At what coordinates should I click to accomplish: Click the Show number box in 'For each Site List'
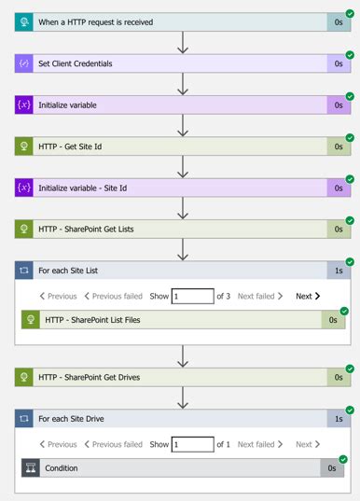click(192, 296)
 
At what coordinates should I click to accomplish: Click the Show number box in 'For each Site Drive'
click(192, 444)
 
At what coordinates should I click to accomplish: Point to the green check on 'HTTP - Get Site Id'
click(350, 138)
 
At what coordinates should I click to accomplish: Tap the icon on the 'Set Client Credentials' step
click(24, 63)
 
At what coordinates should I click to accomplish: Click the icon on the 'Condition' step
click(31, 468)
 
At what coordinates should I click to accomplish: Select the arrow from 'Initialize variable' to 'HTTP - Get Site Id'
click(183, 125)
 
